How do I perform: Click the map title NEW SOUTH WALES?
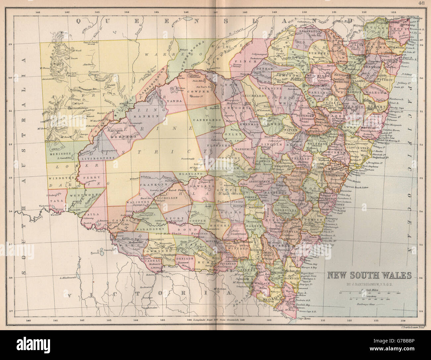click(370, 275)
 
